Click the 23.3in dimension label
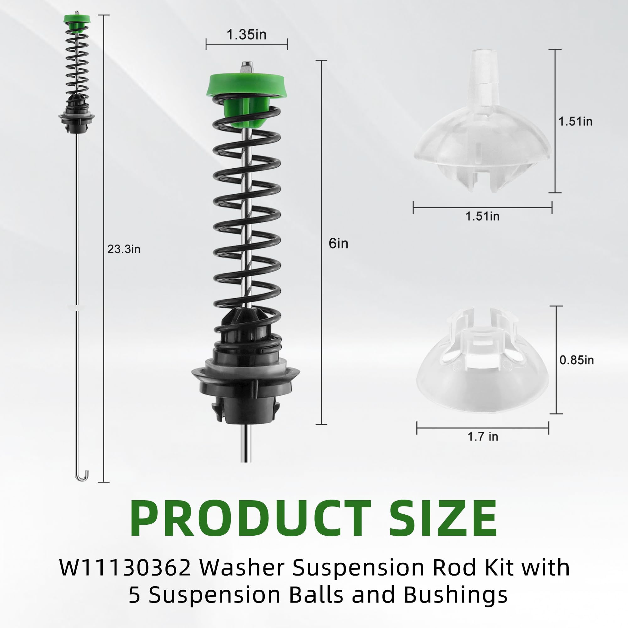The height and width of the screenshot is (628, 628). tap(124, 249)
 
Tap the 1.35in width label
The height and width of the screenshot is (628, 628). tap(246, 35)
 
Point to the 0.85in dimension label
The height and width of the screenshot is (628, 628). tap(577, 360)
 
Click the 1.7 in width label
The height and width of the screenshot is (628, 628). tap(483, 436)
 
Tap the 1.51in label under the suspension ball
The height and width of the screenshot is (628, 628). tap(482, 216)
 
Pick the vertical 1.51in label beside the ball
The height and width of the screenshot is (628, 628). tap(575, 121)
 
